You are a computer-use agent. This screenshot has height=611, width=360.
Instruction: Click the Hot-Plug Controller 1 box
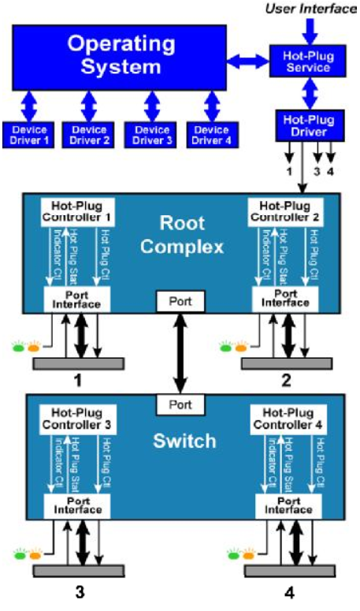[78, 210]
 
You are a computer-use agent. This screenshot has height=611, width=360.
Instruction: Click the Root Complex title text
[182, 233]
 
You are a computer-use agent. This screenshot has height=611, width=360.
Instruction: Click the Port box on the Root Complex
[181, 300]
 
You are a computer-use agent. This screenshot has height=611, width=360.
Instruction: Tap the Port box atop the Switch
[181, 404]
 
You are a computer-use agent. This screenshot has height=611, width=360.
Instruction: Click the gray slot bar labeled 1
[78, 363]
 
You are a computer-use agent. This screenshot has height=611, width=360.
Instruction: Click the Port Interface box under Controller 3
[78, 505]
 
